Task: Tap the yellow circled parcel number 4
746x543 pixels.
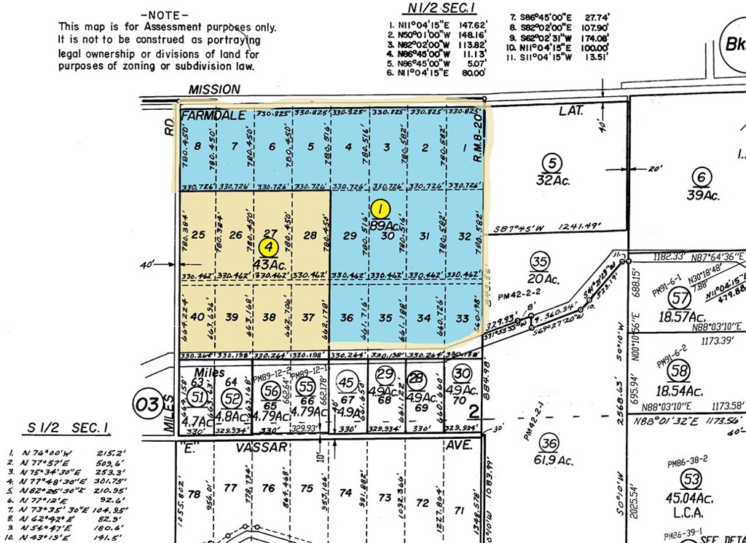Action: point(269,246)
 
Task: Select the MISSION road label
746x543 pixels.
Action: point(214,90)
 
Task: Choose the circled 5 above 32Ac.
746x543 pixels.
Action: point(553,162)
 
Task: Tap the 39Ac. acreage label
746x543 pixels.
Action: point(703,195)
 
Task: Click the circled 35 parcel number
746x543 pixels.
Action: point(538,262)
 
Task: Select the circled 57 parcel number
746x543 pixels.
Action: point(680,298)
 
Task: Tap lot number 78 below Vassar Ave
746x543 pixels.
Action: point(194,494)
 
